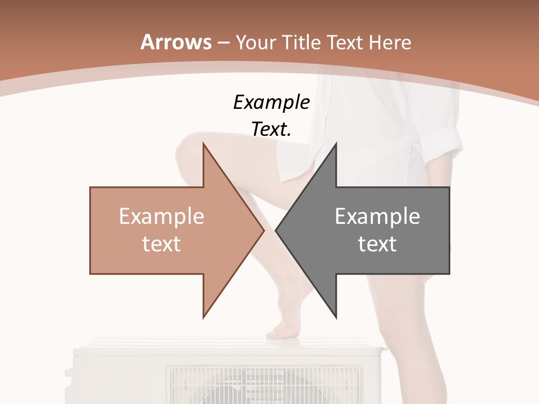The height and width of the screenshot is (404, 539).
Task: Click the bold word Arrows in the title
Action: click(176, 42)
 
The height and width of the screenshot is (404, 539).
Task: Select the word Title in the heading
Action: click(300, 42)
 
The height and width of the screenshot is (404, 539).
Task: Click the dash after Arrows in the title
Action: click(223, 43)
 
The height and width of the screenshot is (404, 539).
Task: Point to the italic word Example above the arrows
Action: click(271, 102)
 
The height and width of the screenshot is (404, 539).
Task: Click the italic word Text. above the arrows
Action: click(271, 129)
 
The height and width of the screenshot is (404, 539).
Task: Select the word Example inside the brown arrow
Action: click(161, 217)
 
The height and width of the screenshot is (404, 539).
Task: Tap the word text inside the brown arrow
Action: click(161, 244)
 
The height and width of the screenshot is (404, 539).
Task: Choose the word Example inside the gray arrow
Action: click(377, 217)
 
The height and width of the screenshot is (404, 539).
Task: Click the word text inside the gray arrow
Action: click(377, 244)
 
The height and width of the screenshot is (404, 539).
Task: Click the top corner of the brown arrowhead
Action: click(203, 144)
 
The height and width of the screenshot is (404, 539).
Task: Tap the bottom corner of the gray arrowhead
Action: click(336, 317)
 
